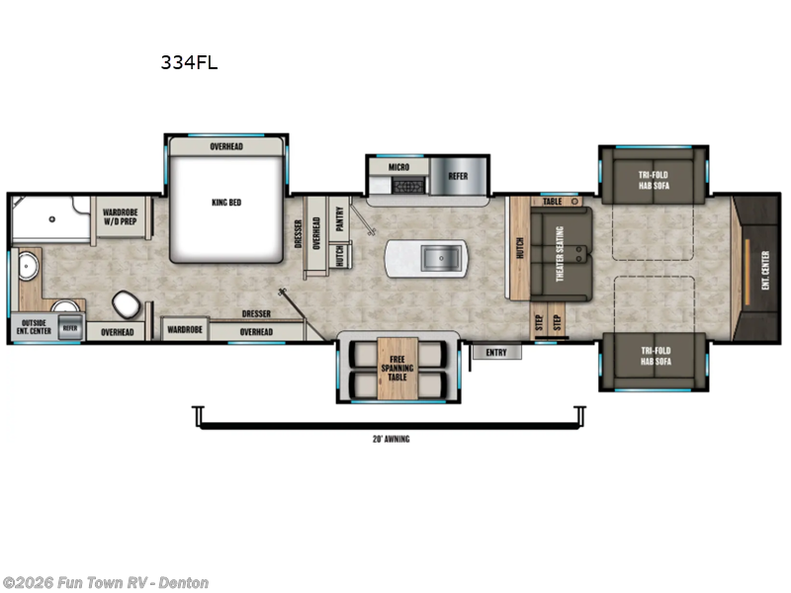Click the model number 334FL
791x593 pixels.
point(189,62)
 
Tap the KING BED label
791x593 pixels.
point(226,203)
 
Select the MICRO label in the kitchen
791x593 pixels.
point(398,168)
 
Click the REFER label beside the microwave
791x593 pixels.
point(458,176)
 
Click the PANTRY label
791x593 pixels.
point(339,218)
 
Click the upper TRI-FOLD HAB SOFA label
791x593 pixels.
point(653,182)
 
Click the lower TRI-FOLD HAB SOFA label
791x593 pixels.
point(653,355)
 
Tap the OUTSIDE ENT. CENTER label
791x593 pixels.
point(34,326)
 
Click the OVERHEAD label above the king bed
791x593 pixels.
point(226,146)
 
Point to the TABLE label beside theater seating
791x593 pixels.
point(552,201)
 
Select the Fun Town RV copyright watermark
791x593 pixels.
point(106,583)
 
